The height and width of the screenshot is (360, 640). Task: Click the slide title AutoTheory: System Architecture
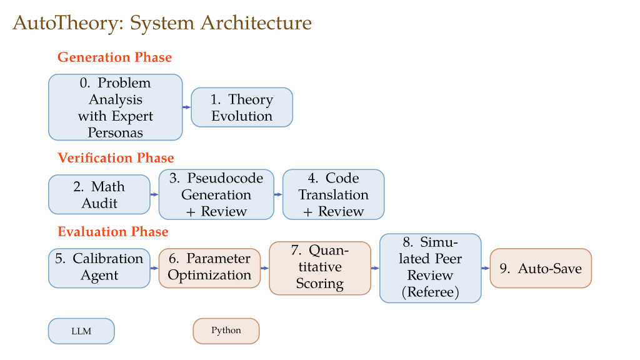(x=162, y=23)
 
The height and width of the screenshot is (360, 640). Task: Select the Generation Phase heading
(x=114, y=57)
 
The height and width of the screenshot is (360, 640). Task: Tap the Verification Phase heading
(x=116, y=158)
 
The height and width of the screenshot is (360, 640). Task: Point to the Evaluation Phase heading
(x=113, y=232)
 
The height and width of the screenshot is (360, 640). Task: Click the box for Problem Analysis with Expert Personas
(x=116, y=107)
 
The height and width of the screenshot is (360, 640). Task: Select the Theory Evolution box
(x=242, y=107)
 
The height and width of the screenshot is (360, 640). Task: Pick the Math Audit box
(x=99, y=194)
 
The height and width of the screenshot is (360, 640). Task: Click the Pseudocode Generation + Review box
(x=216, y=194)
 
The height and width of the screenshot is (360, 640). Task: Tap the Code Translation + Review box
(x=333, y=194)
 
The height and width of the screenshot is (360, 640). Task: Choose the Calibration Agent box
(x=99, y=268)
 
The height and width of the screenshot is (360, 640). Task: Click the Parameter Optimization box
(x=209, y=268)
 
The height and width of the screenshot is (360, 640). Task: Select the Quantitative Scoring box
(x=319, y=268)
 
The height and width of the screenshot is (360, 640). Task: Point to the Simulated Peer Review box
(x=430, y=268)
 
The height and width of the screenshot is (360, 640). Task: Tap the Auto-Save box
(x=541, y=268)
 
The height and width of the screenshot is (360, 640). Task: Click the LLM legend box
(x=81, y=331)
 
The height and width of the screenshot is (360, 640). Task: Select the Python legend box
(x=226, y=331)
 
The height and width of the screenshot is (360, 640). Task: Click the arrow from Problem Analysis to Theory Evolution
(x=186, y=107)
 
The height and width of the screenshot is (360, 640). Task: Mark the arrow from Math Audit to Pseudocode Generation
(x=154, y=194)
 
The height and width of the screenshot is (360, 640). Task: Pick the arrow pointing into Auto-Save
(x=486, y=268)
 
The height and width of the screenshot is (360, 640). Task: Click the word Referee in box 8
(x=430, y=291)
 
